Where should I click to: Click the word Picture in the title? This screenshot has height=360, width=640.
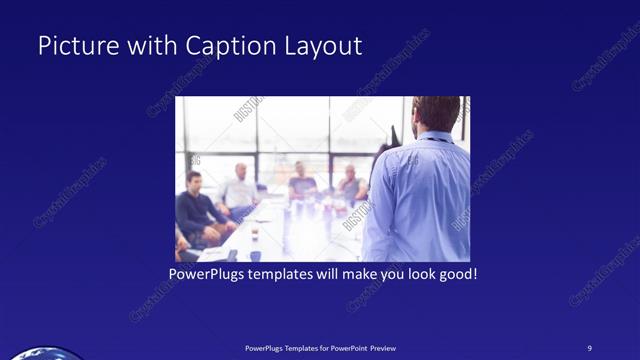click(72, 47)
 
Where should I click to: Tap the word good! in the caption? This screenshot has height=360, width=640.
click(457, 273)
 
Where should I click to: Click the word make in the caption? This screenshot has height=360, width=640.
click(350, 273)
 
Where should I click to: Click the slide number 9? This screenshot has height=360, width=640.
click(590, 347)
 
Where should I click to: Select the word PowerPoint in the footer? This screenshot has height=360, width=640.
click(346, 347)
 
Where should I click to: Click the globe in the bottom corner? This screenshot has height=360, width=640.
click(40, 354)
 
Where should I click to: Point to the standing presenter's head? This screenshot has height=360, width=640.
click(435, 113)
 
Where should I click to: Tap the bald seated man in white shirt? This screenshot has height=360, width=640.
click(240, 187)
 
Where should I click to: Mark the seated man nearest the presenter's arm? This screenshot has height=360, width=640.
click(350, 185)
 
